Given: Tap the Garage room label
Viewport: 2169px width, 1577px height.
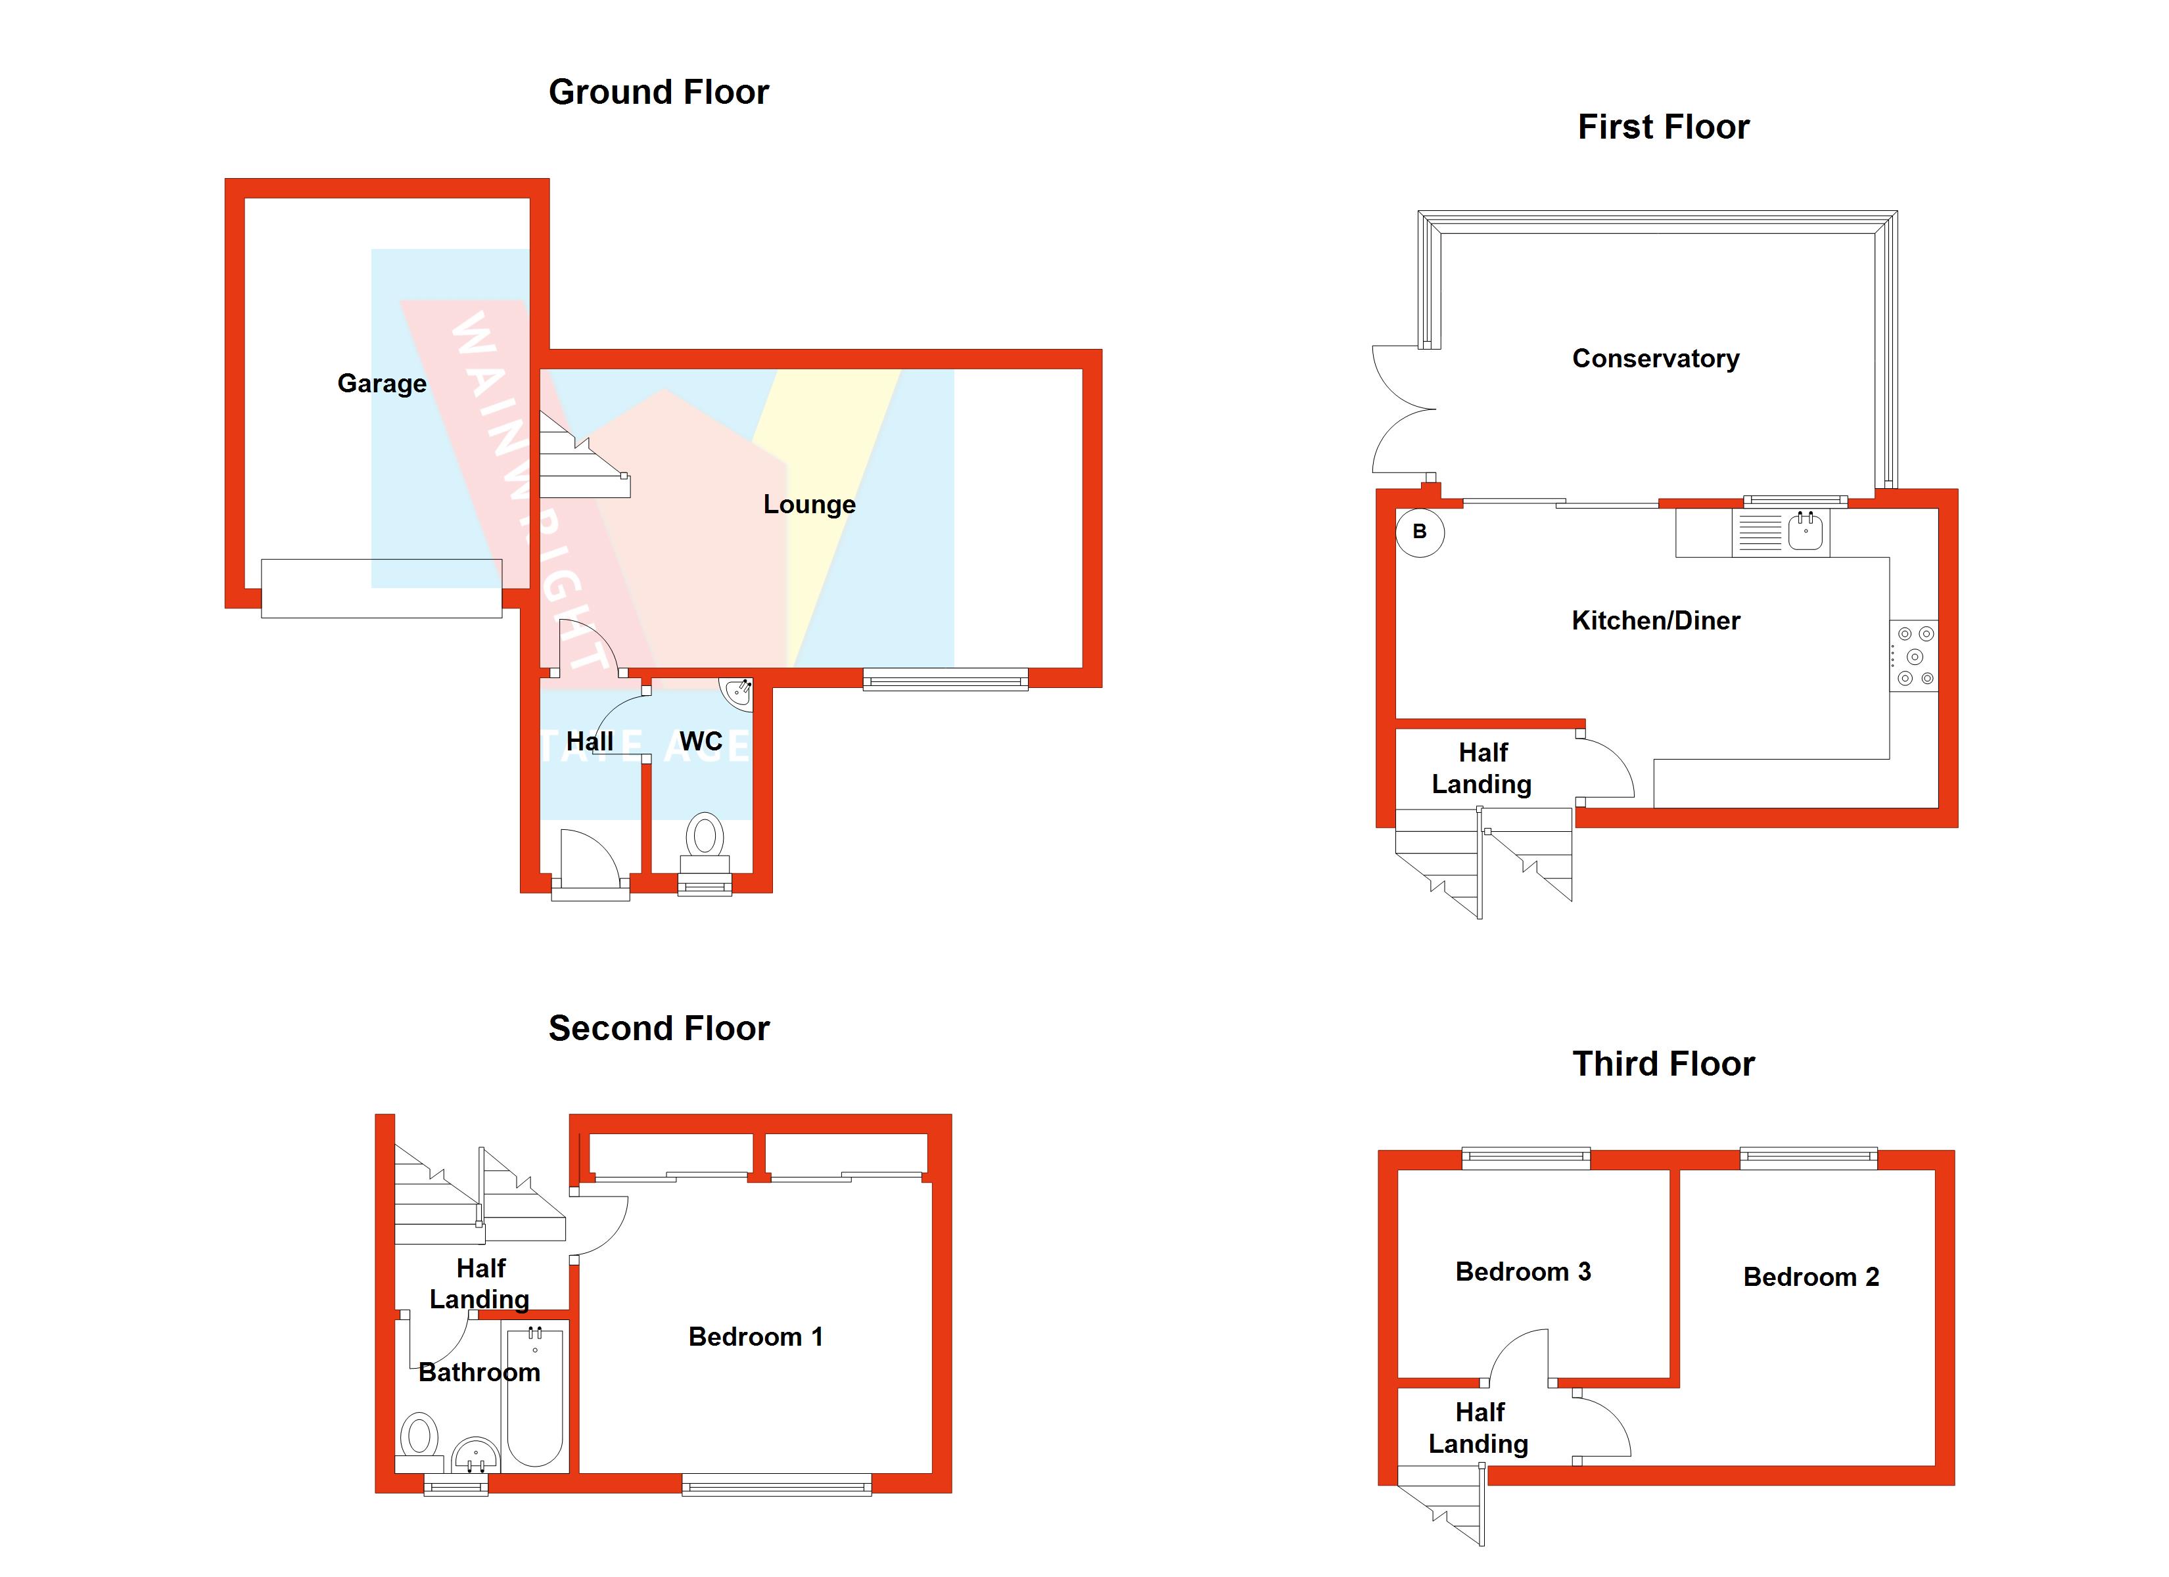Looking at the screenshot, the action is click(x=382, y=384).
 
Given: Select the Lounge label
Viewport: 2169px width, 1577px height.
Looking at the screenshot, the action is click(x=809, y=504).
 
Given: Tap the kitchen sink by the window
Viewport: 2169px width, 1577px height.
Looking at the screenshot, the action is click(x=1805, y=531).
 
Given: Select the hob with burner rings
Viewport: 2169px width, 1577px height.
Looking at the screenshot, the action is click(x=1915, y=656).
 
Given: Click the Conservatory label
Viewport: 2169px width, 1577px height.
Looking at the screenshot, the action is click(x=1656, y=359).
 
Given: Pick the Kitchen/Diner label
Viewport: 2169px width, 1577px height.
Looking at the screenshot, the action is click(x=1656, y=621).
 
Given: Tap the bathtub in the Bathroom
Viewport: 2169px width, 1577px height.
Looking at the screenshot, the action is click(x=534, y=1396).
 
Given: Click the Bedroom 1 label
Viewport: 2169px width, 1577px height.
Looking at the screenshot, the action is click(x=755, y=1337).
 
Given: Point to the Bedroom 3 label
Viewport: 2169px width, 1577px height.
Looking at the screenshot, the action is click(x=1522, y=1272).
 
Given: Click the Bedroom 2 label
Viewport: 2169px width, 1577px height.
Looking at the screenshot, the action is click(x=1810, y=1277).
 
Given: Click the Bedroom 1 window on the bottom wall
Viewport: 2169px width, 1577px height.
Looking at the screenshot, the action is click(x=776, y=1485).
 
